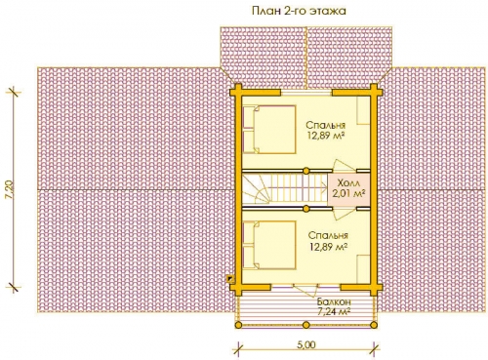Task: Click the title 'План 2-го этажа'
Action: [x=299, y=11]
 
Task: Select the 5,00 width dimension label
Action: [x=306, y=344]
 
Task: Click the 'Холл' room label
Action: [x=348, y=181]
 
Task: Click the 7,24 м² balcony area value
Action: [x=333, y=312]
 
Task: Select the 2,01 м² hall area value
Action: [x=348, y=193]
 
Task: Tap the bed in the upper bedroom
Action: [x=269, y=129]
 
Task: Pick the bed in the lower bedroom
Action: [x=269, y=245]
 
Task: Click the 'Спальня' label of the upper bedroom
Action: [x=326, y=125]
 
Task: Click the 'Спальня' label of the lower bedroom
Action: [x=328, y=235]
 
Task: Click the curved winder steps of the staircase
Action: [x=256, y=189]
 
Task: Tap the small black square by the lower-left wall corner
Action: [x=230, y=278]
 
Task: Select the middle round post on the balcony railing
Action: [x=305, y=325]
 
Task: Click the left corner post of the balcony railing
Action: [x=238, y=325]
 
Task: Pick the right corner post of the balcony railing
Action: [x=374, y=325]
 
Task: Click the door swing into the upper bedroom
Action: [x=345, y=165]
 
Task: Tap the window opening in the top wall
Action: [x=306, y=93]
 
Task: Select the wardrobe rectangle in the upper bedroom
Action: [x=364, y=110]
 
